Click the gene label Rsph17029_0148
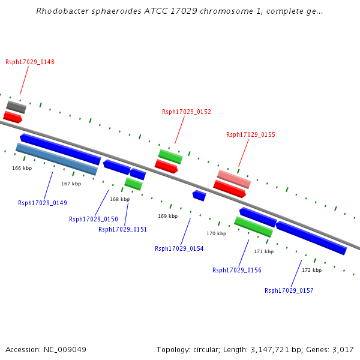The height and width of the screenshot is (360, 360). [30, 62]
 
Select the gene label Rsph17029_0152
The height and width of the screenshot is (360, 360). [187, 112]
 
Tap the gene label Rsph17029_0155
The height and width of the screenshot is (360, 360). [251, 134]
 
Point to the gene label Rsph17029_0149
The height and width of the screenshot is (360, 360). [43, 203]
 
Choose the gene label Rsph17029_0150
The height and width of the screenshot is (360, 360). [94, 219]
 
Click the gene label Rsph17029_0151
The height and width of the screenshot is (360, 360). [123, 229]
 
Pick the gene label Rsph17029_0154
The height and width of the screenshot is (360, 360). [179, 248]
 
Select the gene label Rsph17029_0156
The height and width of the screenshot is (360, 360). [237, 270]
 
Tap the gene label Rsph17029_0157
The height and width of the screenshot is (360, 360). [289, 290]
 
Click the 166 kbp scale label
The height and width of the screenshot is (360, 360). [22, 169]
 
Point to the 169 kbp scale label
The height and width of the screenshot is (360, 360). [168, 216]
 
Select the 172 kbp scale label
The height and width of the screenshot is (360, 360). [311, 270]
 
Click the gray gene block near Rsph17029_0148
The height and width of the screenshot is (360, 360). [16, 107]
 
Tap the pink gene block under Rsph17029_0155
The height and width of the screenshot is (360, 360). [234, 179]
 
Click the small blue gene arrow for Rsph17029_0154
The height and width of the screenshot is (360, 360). [199, 196]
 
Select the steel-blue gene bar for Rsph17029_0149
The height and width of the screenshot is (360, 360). [56, 159]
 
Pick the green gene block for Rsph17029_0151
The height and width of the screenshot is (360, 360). [133, 184]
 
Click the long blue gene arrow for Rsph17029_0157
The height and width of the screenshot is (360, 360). [311, 238]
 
